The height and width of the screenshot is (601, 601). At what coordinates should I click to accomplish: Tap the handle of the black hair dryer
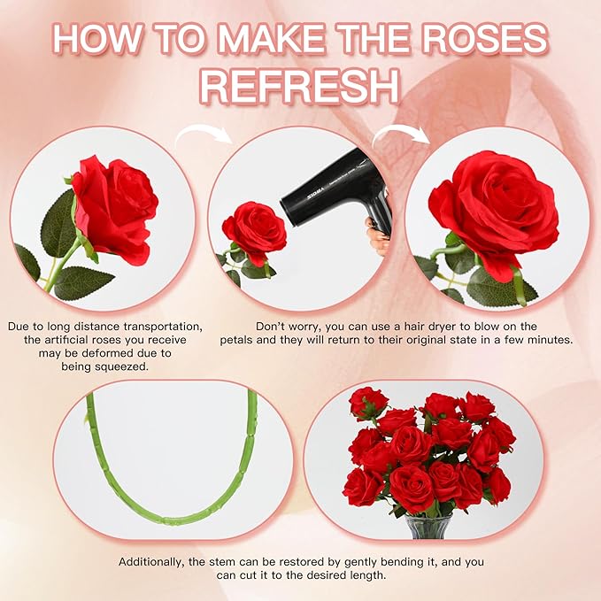point(380,219)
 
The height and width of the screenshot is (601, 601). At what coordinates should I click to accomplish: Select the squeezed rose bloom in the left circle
point(114,208)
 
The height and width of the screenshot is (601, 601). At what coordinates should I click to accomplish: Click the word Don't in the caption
point(271,326)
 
